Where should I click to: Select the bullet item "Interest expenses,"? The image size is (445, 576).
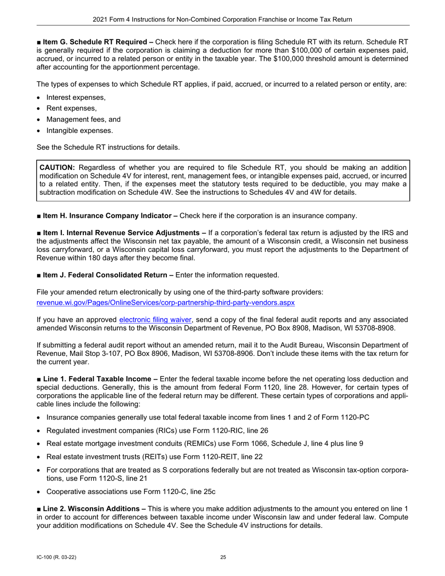click(76, 97)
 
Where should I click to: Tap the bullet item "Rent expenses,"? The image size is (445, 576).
click(72, 108)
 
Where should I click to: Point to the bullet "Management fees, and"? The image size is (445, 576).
click(83, 119)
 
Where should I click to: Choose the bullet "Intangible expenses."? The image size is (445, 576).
click(80, 131)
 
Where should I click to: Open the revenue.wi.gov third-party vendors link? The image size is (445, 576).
click(165, 303)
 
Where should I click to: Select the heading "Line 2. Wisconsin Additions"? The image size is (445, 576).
click(94, 509)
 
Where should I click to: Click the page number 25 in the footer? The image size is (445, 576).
click(223, 557)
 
